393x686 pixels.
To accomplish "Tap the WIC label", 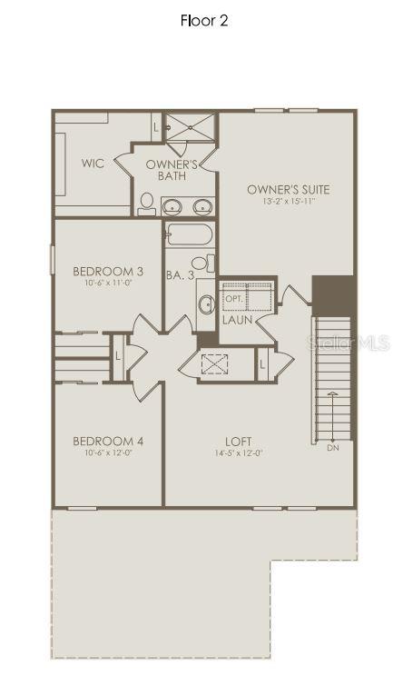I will [x=92, y=163].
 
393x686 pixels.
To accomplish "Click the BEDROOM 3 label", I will [x=108, y=271].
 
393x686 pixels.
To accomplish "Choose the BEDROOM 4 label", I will [x=108, y=442].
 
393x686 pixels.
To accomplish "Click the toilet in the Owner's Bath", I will [x=146, y=204].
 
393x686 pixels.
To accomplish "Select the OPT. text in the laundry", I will [x=233, y=299].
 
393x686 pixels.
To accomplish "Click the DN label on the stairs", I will [x=332, y=447].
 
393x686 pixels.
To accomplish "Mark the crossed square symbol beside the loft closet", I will [x=213, y=364].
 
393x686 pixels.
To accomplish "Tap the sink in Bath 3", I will [x=205, y=303].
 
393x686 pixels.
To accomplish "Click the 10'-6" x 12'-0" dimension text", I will [x=108, y=453].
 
